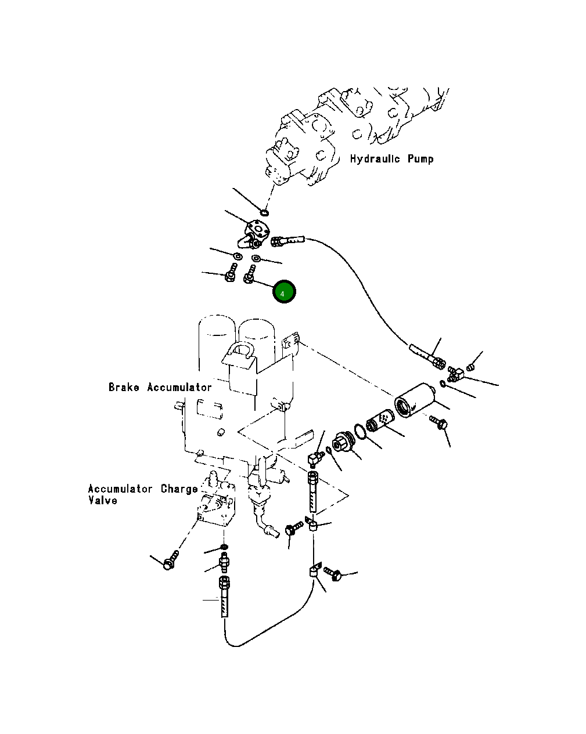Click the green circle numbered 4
tap(284, 291)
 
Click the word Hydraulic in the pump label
tap(375, 159)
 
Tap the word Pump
tap(420, 159)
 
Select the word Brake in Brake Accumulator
tap(124, 387)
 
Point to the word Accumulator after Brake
tap(179, 387)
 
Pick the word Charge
tap(179, 489)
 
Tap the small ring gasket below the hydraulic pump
tap(264, 213)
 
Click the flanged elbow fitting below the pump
tap(254, 234)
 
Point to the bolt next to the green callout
tap(250, 274)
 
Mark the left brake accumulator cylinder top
tap(217, 324)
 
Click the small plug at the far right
tap(470, 367)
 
